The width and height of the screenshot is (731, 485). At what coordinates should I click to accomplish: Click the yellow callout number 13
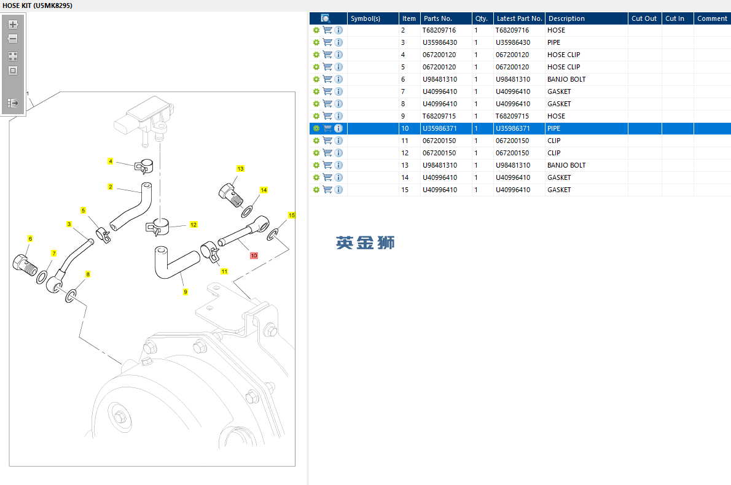(x=240, y=169)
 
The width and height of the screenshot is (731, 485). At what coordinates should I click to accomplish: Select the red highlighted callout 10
(x=254, y=255)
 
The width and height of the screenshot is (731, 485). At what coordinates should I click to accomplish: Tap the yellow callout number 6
(x=30, y=239)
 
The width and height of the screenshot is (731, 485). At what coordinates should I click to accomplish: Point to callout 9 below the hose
(x=185, y=292)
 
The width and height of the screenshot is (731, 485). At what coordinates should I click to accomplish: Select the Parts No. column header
(x=438, y=18)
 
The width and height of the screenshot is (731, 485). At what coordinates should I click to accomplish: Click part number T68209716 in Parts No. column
(x=439, y=30)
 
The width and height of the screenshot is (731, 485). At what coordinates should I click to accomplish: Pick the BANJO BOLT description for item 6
(x=566, y=79)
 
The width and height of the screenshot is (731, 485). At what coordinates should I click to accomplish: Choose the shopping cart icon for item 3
(x=328, y=42)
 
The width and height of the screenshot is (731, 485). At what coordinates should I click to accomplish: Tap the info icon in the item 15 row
(x=338, y=190)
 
